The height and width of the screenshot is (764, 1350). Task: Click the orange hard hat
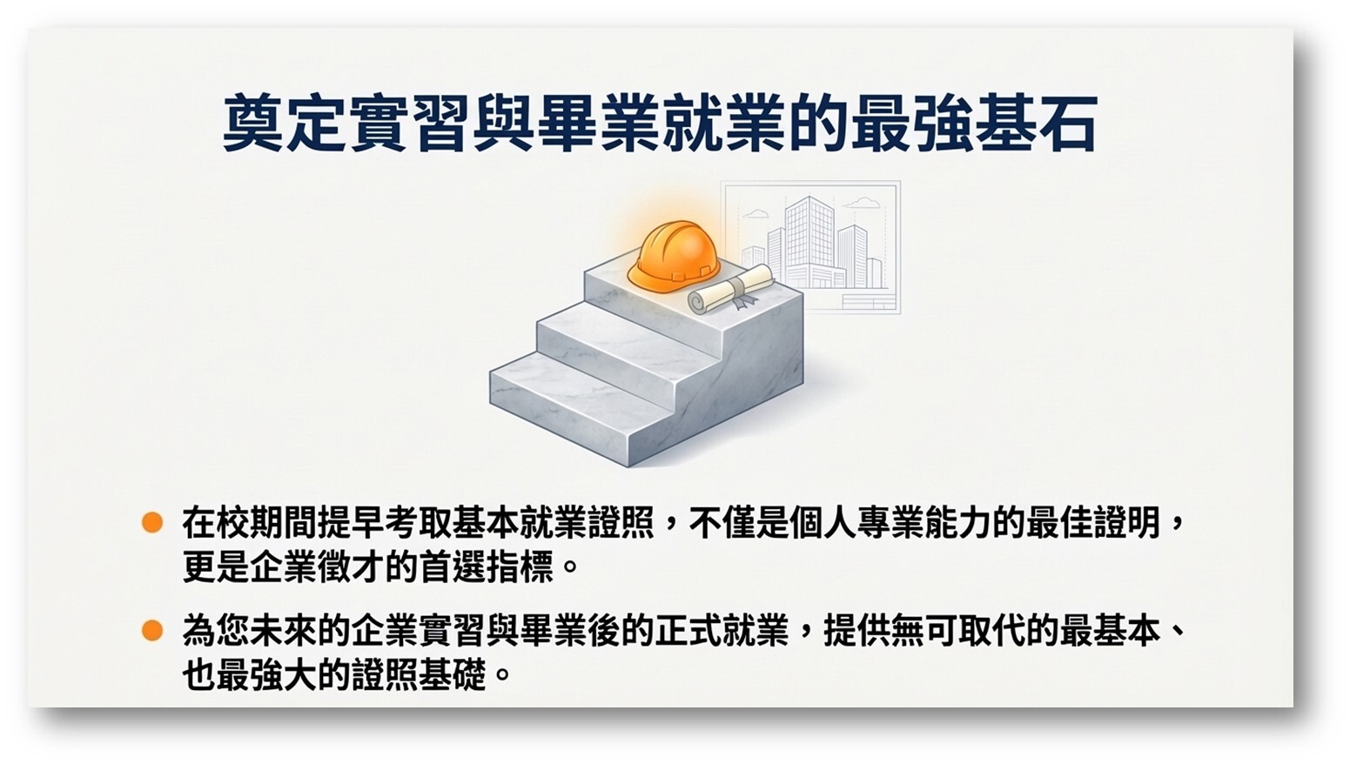pos(674,257)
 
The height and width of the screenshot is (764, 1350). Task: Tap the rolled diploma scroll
pos(731,289)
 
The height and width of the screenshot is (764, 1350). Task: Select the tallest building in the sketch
pos(809,241)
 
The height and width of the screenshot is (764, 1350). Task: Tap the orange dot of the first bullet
pos(152,522)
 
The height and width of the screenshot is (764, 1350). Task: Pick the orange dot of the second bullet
pos(152,630)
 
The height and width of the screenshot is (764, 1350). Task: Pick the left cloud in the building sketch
pos(756,213)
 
